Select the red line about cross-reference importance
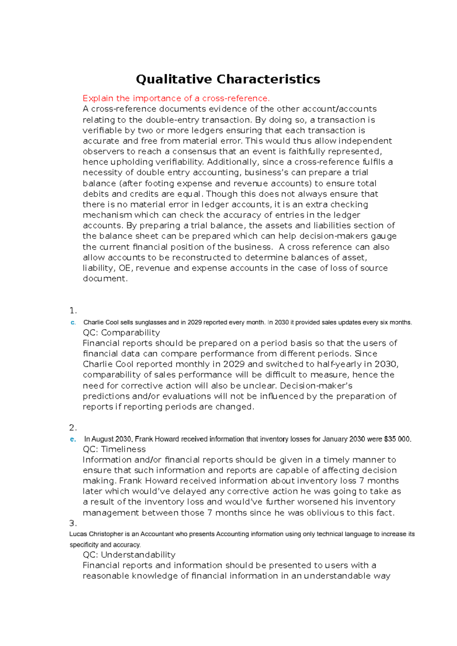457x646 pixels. [176, 98]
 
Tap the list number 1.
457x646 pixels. [73, 310]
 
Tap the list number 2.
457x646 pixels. [73, 427]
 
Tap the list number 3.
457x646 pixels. [73, 523]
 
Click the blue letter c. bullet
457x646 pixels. [73, 323]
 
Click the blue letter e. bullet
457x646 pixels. [73, 439]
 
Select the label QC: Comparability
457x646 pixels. [121, 333]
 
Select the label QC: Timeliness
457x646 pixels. [114, 449]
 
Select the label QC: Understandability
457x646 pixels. [129, 555]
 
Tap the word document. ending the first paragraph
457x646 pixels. [105, 279]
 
